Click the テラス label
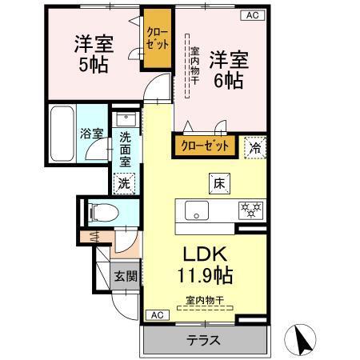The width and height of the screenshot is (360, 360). pyautogui.click(x=203, y=339)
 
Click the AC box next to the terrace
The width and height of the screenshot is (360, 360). pyautogui.click(x=157, y=315)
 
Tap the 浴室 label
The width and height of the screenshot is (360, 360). pyautogui.click(x=90, y=134)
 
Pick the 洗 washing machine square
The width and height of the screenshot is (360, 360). pyautogui.click(x=124, y=182)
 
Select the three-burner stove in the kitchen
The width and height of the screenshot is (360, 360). pyautogui.click(x=252, y=211)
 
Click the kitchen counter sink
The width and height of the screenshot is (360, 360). pyautogui.click(x=196, y=211)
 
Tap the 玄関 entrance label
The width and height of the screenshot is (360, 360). pyautogui.click(x=124, y=276)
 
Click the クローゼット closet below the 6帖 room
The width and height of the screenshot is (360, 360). pyautogui.click(x=204, y=146)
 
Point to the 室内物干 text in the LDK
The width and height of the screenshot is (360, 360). pyautogui.click(x=205, y=301)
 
